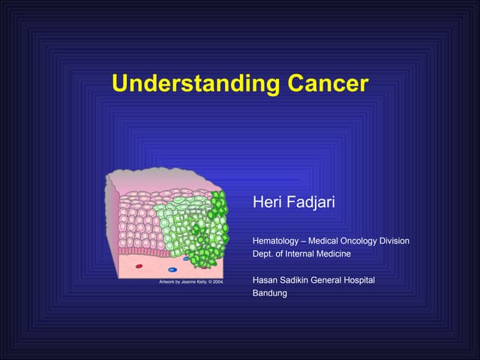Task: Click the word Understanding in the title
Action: click(x=192, y=84)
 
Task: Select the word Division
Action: click(x=393, y=241)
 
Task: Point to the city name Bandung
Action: click(x=271, y=293)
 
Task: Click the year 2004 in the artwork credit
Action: click(x=217, y=282)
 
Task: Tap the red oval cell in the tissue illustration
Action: click(x=139, y=265)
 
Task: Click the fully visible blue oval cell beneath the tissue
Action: click(x=172, y=268)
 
